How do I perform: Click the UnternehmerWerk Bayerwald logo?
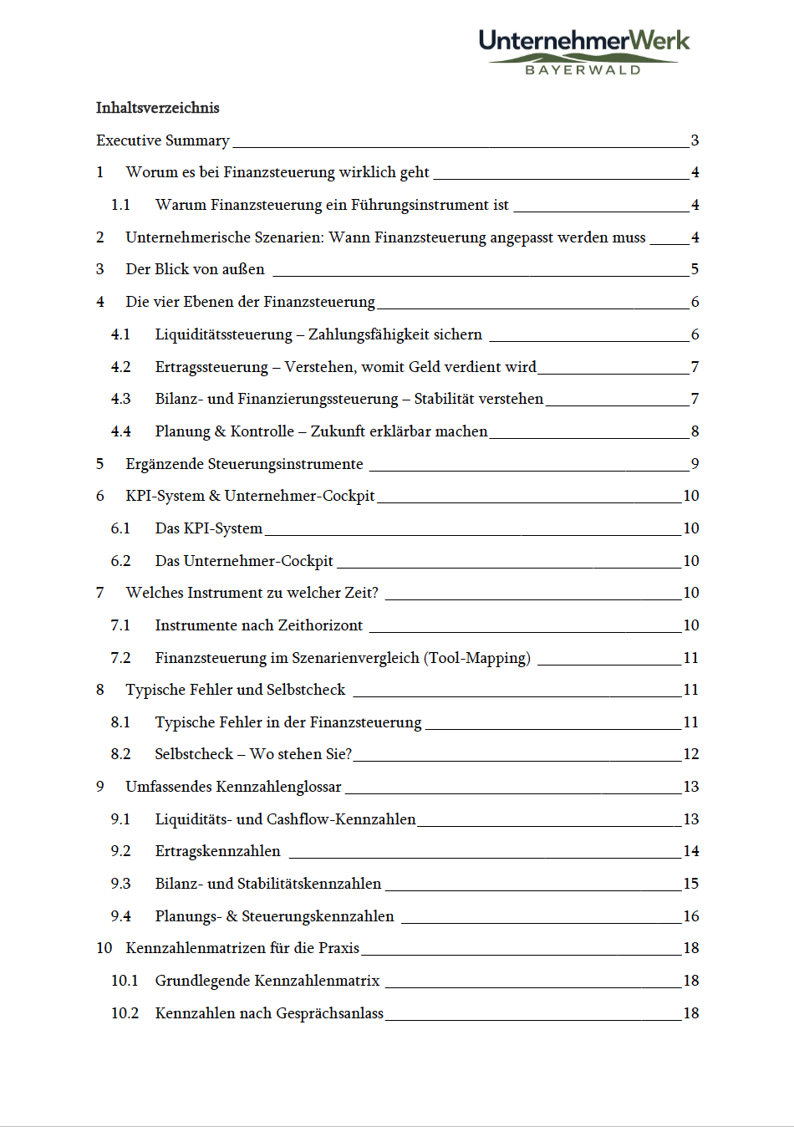(584, 51)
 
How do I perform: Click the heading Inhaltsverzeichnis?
(157, 108)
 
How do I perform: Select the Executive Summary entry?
(163, 140)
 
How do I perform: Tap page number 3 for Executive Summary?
(695, 140)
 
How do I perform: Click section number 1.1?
(120, 205)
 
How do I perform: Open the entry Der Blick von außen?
(195, 269)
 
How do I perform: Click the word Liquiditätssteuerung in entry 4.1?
(223, 334)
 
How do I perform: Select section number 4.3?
(120, 399)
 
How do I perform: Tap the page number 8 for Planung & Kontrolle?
(695, 431)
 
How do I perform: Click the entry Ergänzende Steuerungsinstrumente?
(244, 464)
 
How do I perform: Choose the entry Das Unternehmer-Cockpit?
(244, 561)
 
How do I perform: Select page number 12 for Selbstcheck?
(691, 754)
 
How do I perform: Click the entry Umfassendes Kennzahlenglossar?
(233, 787)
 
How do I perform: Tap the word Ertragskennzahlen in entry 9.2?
(217, 851)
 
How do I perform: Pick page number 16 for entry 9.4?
(691, 916)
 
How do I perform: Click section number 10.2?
(125, 1013)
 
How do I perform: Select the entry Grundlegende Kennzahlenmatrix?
(267, 981)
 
